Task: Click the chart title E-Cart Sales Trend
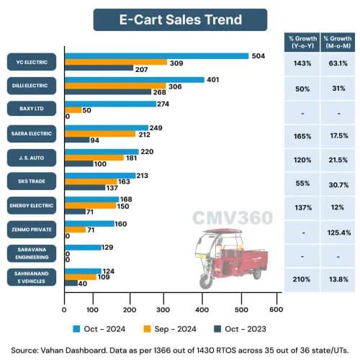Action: pyautogui.click(x=180, y=19)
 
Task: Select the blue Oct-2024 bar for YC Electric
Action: pyautogui.click(x=156, y=56)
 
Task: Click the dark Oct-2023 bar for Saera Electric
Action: pyautogui.click(x=77, y=140)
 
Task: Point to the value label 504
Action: pyautogui.click(x=258, y=56)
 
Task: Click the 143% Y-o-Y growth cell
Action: pyautogui.click(x=302, y=63)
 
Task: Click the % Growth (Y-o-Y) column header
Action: pyautogui.click(x=302, y=42)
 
